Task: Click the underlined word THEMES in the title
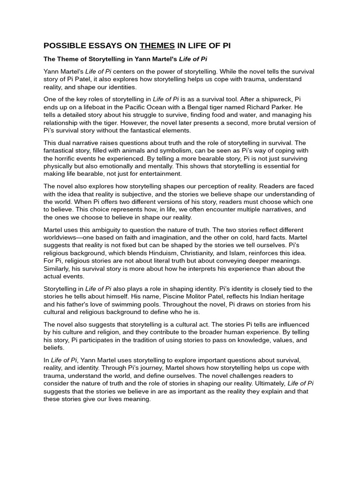157,45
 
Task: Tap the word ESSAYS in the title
109,45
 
